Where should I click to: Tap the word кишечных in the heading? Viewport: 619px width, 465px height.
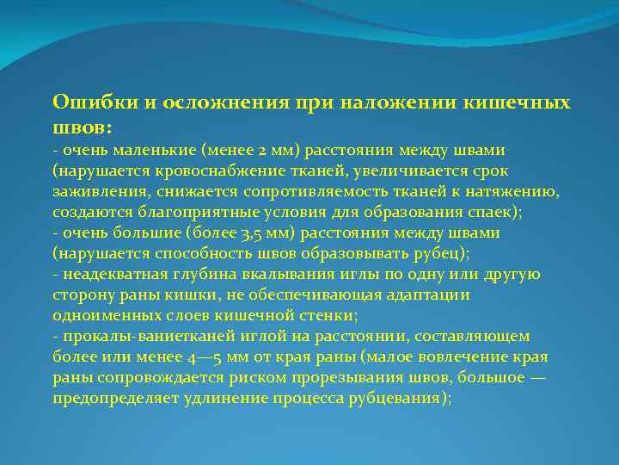tap(526, 102)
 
